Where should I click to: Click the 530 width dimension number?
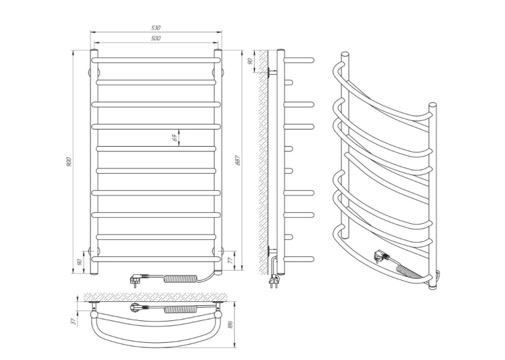click(156, 28)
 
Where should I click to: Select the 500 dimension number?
click(156, 38)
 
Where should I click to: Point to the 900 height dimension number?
click(69, 161)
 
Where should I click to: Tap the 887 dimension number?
click(238, 160)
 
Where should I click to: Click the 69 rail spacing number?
click(174, 138)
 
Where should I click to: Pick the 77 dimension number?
click(230, 260)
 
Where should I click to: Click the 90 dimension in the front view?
click(80, 262)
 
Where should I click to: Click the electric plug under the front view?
click(139, 278)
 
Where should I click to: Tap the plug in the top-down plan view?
click(139, 307)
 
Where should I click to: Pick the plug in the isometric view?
click(382, 256)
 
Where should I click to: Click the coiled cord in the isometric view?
click(409, 273)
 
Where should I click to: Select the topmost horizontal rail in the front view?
click(156, 60)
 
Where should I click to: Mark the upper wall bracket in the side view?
click(271, 73)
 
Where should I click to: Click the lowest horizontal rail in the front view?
click(156, 259)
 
